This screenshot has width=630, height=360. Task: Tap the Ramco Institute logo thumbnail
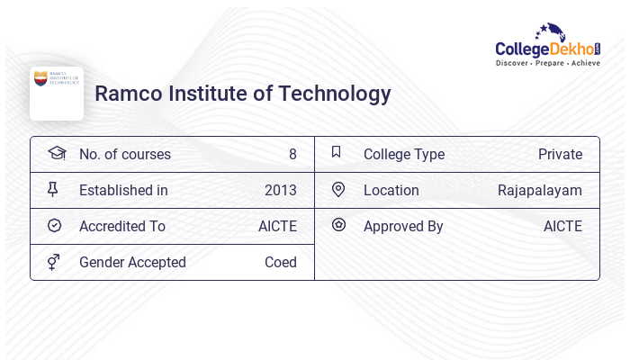57,93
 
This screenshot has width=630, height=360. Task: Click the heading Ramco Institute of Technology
243,94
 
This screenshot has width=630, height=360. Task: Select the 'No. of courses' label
124,154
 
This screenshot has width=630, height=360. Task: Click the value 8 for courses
292,154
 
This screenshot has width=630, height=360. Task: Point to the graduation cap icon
57,153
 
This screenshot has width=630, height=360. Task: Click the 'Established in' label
123,190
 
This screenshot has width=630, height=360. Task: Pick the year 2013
280,190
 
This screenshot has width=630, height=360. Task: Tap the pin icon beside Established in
53,189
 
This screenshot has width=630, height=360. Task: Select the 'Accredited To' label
122,226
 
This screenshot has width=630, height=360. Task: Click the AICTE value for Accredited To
277,226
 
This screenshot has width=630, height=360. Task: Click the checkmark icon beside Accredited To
54,226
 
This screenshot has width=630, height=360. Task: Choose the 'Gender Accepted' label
132,262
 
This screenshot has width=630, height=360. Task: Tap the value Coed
280,262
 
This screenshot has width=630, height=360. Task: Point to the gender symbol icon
54,262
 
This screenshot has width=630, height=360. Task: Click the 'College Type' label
404,154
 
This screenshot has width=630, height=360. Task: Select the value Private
560,154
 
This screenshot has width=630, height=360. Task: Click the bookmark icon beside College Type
337,153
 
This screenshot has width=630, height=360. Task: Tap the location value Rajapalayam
540,190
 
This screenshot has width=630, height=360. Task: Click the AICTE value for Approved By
562,226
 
